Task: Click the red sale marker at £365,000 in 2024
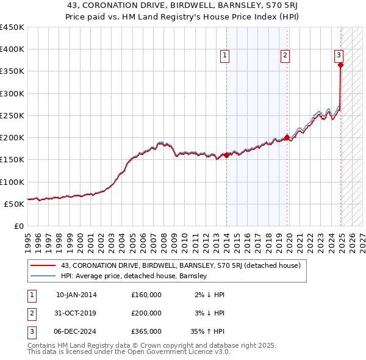[340, 65]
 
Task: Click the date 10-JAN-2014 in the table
[76, 295]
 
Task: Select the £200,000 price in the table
[146, 313]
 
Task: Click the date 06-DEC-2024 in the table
[76, 331]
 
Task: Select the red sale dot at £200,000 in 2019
[287, 138]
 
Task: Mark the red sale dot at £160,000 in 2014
[226, 155]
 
